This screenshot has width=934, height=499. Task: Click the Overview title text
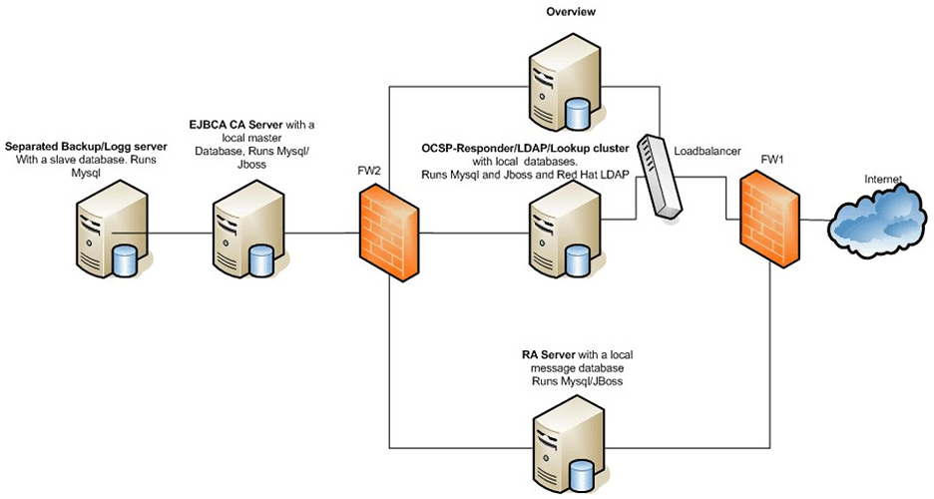tap(571, 13)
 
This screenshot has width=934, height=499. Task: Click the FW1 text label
tap(772, 160)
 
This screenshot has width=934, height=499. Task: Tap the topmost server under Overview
tap(559, 92)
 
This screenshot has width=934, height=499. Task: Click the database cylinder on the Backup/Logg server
tap(124, 259)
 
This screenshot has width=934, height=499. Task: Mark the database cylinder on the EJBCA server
tap(261, 259)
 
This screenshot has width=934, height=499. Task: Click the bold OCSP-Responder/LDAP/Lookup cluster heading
tap(525, 148)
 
